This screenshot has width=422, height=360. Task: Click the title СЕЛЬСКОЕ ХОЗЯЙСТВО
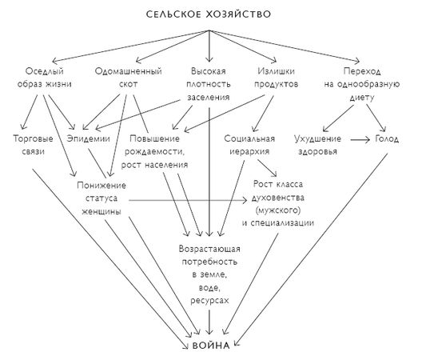coord(210,15)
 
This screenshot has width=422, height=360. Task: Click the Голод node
coord(385,138)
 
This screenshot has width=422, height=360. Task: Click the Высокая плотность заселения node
coord(209,83)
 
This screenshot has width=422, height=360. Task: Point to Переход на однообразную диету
coord(364,83)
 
